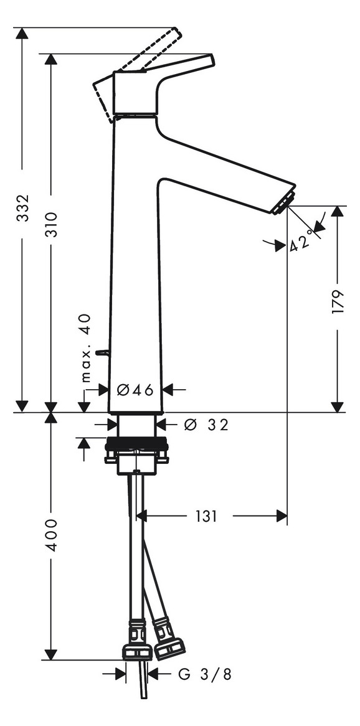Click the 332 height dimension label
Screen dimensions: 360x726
coord(22,208)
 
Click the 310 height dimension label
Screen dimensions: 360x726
coord(51,225)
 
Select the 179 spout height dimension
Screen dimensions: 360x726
coord(338,302)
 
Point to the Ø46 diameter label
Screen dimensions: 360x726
coord(135,390)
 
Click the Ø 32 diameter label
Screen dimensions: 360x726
coord(206,425)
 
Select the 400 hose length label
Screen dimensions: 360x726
coord(51,535)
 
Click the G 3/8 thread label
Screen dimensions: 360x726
coord(205,674)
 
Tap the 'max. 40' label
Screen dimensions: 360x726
coord(86,348)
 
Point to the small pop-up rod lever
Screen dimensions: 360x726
coord(102,353)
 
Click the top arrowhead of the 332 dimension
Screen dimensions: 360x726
coord(22,34)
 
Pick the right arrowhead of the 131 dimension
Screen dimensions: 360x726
coord(282,516)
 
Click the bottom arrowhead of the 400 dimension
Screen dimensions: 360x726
coord(50,654)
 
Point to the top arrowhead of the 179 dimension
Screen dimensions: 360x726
coord(338,212)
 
